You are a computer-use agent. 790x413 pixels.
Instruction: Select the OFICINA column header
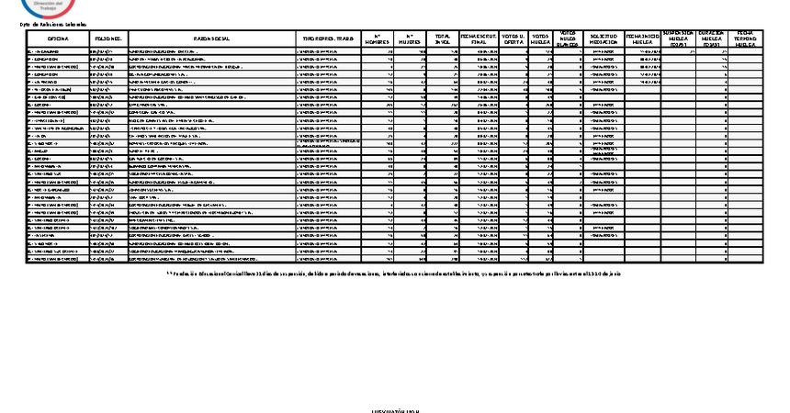point(58,39)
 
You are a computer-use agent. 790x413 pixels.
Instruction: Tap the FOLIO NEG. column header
point(108,39)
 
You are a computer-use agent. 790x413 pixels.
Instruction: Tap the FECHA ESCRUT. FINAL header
point(480,39)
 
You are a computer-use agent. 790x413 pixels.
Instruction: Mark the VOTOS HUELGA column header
point(542,39)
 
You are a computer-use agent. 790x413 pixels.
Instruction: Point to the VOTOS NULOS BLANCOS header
point(570,39)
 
